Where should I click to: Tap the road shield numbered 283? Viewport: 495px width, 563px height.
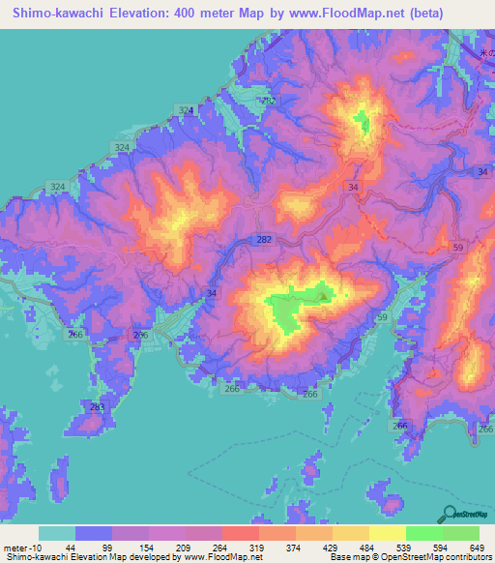97,407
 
